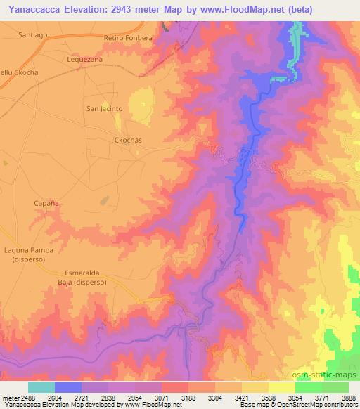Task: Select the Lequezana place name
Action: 85,60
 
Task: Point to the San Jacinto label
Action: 104,108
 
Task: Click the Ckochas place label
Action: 128,140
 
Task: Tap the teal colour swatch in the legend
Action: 41,387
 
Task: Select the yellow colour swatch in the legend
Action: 282,387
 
